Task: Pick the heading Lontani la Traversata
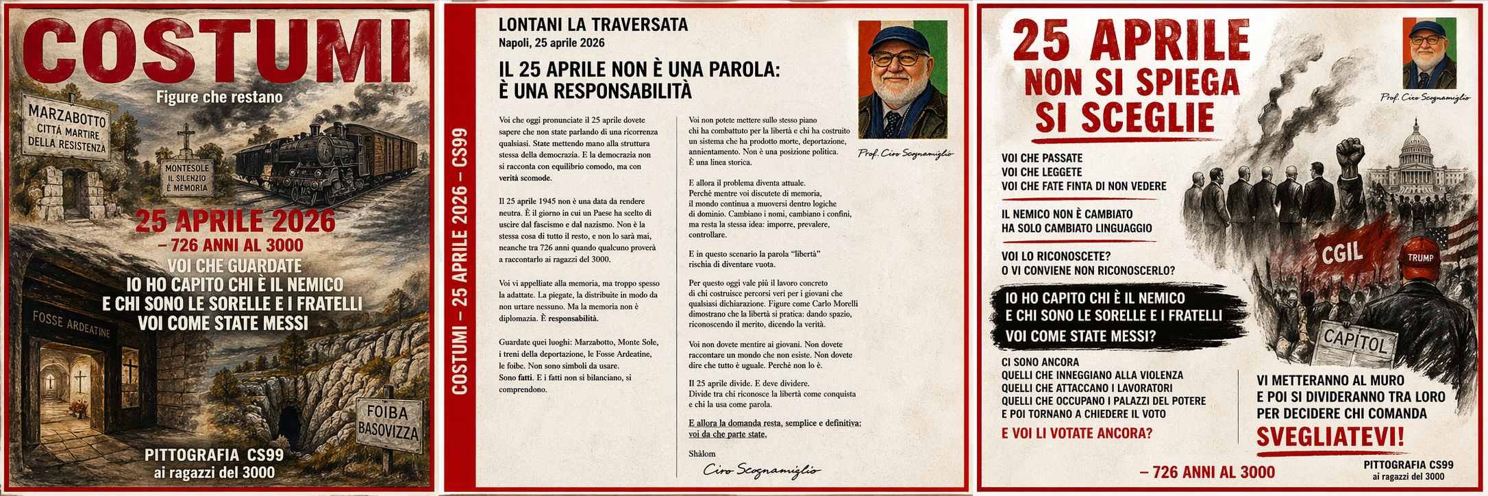click(593, 25)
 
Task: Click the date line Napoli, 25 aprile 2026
click(551, 43)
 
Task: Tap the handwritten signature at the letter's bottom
click(760, 470)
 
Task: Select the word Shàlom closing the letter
click(702, 453)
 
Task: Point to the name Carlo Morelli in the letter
click(835, 303)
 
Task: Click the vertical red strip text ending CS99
click(460, 260)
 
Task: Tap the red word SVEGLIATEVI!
click(1330, 436)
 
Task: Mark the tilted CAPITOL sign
click(1354, 340)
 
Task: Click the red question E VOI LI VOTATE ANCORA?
click(1076, 433)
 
